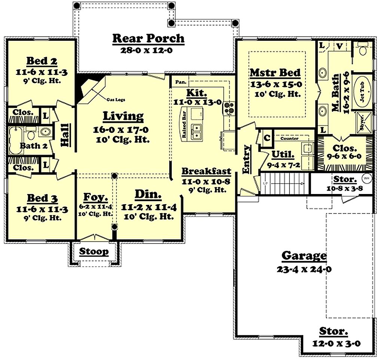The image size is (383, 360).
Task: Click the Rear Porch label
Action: click(148, 38)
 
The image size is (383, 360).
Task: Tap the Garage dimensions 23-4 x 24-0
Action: click(304, 268)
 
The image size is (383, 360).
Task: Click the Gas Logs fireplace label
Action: click(117, 99)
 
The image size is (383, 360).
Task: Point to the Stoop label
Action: click(94, 252)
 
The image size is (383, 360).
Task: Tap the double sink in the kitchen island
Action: click(197, 131)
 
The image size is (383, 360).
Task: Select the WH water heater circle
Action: click(366, 178)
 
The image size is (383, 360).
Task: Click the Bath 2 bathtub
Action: click(16, 141)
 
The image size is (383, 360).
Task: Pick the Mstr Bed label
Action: click(275, 72)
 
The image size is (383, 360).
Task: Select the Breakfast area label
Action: click(206, 172)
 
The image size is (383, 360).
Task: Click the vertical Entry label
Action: click(246, 159)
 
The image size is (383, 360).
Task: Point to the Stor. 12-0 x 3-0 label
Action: click(334, 332)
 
